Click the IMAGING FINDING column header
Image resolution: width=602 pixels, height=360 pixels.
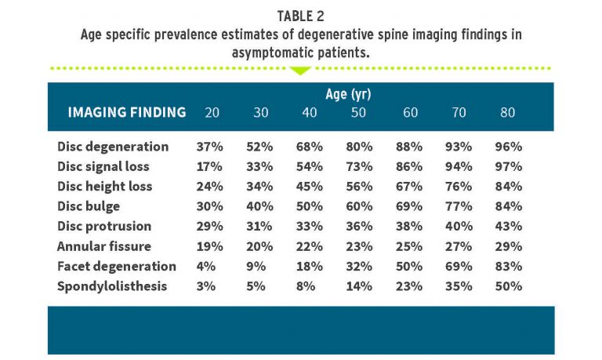127,112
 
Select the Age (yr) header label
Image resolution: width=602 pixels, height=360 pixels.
348,94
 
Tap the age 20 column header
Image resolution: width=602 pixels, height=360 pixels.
212,112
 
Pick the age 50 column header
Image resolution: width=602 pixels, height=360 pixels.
359,112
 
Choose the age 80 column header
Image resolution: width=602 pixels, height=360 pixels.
507,112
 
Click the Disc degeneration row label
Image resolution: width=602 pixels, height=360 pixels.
113,147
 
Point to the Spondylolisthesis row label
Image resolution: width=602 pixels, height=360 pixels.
113,286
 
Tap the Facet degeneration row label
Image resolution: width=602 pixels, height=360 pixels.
115,266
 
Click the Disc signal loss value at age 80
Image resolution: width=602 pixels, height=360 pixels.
509,166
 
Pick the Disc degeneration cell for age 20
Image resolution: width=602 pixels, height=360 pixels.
210,147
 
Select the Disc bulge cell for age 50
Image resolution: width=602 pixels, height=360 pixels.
360,206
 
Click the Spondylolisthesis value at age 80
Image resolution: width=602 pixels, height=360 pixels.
509,286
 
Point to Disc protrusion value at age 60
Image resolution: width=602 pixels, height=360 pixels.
409,227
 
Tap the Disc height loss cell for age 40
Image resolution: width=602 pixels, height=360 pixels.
310,187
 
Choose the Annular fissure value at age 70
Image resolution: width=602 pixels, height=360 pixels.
459,246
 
